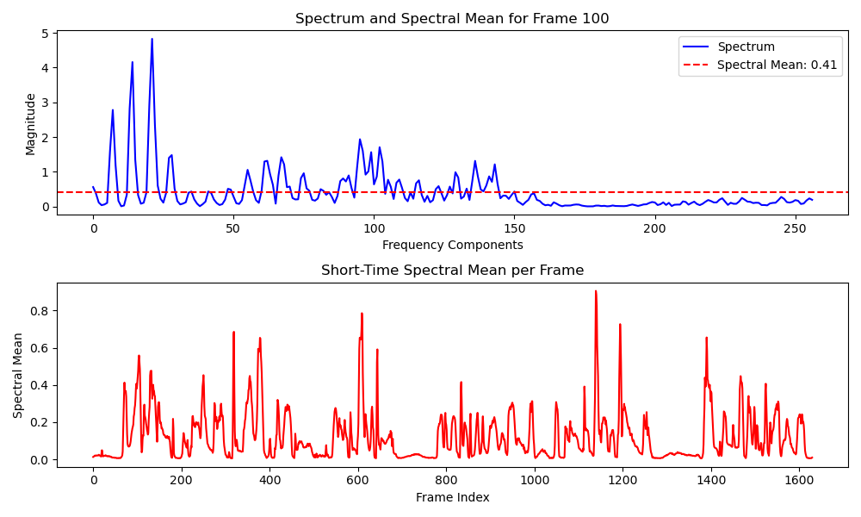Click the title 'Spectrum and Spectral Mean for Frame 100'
point(452,18)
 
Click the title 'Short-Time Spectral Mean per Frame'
point(452,271)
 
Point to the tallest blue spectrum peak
point(152,39)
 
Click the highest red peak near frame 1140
point(595,291)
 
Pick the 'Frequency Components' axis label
point(452,245)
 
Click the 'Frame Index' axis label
point(452,497)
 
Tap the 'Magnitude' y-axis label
point(31,123)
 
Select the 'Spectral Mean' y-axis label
point(18,376)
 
